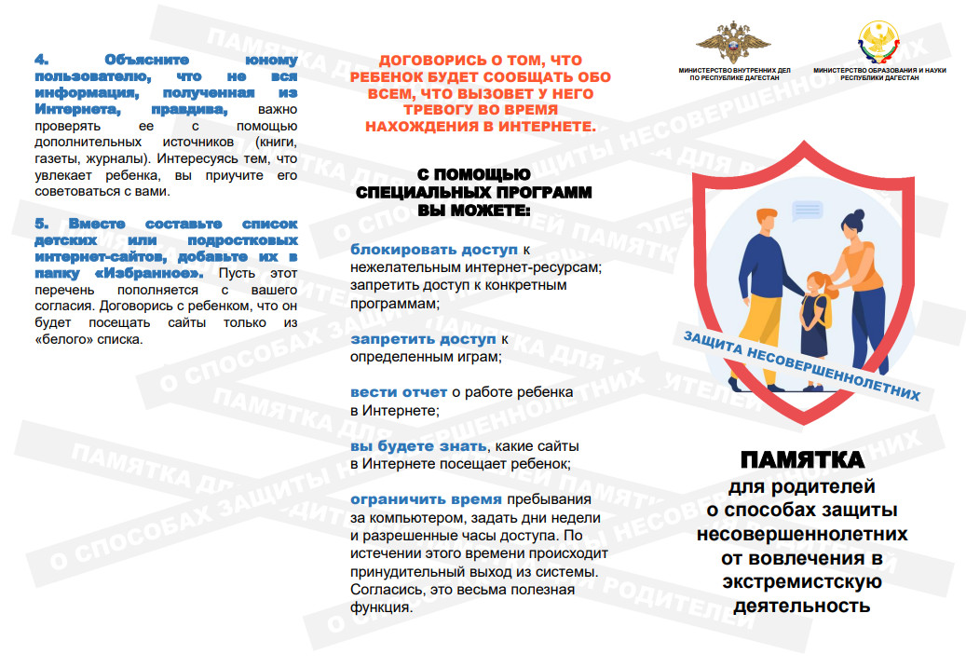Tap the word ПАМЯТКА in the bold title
coord(802,461)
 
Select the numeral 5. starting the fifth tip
coord(42,225)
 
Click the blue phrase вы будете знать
coord(418,446)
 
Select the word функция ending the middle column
coord(380,607)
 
